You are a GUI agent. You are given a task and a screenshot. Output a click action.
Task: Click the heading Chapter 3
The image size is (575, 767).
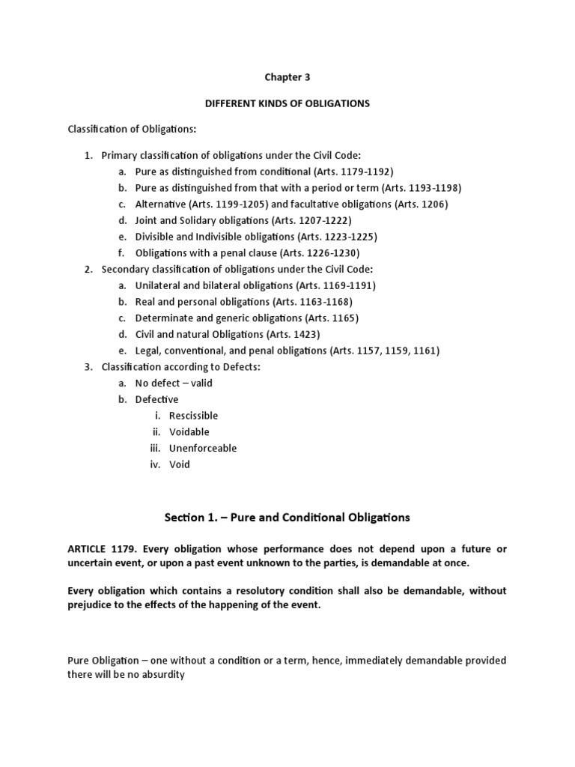[x=287, y=76]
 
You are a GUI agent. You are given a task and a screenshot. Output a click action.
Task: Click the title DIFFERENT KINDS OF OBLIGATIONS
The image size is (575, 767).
[x=287, y=103]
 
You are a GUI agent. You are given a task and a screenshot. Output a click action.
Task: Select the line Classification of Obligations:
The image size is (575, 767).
[x=132, y=130]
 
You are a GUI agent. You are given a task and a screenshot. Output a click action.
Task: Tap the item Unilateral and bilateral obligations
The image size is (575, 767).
[x=212, y=285]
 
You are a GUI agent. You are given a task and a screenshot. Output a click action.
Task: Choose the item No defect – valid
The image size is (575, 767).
[x=174, y=383]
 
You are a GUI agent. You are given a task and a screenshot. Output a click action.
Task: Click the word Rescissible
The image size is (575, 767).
[x=194, y=416]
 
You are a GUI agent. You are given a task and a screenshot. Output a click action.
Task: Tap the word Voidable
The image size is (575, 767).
[x=189, y=432]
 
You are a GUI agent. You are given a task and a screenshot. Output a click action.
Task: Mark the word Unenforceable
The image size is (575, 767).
[x=203, y=448]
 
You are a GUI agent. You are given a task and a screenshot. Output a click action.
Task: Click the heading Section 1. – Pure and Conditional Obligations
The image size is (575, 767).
[x=287, y=517]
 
